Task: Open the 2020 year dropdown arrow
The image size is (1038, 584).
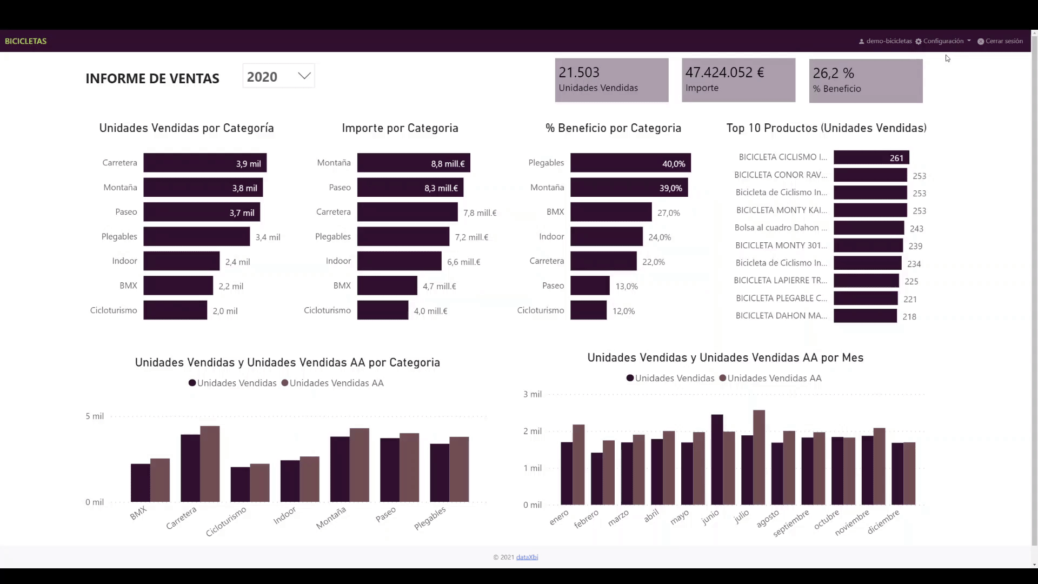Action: (304, 76)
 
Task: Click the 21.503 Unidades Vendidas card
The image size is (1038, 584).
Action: (611, 80)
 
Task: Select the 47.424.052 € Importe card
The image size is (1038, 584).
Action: (738, 80)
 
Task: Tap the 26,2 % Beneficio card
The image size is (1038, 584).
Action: (866, 81)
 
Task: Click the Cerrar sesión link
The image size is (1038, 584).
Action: (1000, 41)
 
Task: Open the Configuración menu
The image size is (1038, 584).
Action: (943, 41)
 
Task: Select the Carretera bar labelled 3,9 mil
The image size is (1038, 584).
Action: (204, 163)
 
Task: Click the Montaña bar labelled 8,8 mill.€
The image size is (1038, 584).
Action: (413, 163)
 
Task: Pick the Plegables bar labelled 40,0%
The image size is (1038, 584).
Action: (630, 163)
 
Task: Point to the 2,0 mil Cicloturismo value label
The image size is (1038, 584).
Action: (225, 311)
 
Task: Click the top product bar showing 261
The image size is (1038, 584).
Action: (871, 157)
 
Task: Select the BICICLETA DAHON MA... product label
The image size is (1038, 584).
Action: (781, 316)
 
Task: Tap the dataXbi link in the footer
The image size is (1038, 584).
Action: (527, 557)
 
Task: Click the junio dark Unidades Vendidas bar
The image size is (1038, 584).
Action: (717, 460)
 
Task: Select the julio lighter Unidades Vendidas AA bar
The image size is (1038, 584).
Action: (759, 457)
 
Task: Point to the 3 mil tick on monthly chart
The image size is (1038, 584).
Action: (532, 394)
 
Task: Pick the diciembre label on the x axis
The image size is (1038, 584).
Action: (883, 522)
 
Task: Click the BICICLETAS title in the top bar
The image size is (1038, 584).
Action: (25, 41)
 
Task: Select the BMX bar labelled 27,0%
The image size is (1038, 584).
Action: (610, 212)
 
